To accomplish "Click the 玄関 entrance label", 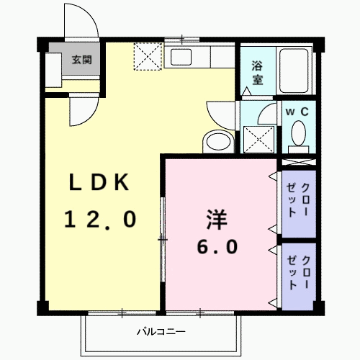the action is (82, 60).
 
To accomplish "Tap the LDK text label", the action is (99, 182).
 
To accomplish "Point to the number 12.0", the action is (100, 219).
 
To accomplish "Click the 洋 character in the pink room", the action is (217, 220).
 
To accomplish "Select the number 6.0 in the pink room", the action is (217, 247).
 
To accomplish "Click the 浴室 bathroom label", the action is (257, 73).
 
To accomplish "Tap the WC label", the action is (297, 112).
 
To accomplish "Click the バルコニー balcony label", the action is (161, 332).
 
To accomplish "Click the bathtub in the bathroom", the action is (294, 71).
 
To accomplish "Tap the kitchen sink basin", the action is (181, 57).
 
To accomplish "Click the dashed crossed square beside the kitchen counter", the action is (148, 56).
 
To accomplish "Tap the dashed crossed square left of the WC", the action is (258, 139).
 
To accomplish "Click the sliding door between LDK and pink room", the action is (163, 240).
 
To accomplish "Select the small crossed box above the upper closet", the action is (299, 162).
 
